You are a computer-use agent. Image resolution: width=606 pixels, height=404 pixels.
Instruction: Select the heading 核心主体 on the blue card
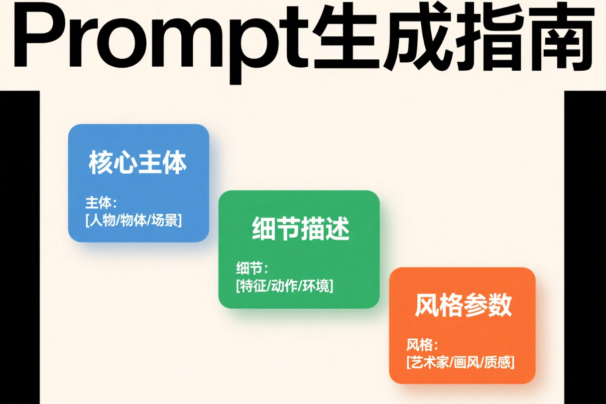coord(138,162)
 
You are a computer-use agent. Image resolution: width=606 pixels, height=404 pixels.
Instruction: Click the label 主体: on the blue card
coord(101,203)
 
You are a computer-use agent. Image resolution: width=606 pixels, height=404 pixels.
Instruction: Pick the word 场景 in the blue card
coord(165,220)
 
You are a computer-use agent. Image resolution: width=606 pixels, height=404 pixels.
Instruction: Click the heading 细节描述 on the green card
coord(301,229)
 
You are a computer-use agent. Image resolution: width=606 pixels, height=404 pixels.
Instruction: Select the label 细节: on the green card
coord(252,269)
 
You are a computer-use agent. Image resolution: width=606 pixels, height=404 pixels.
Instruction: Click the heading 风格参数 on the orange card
coord(464,305)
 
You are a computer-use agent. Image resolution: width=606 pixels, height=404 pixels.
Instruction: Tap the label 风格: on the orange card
coord(422,345)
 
